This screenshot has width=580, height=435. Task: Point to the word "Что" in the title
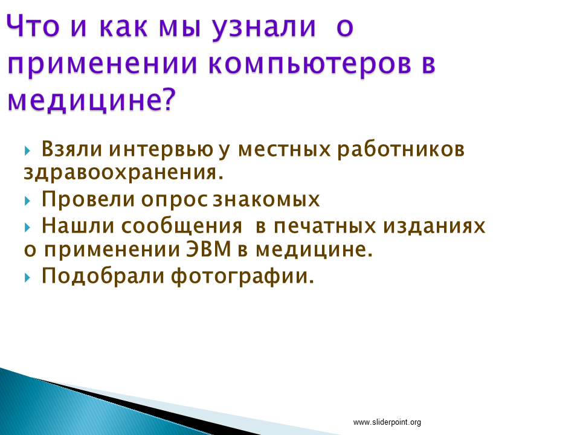click(x=33, y=26)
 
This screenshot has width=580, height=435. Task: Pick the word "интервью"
click(x=161, y=150)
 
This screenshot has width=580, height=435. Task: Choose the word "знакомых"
click(x=266, y=200)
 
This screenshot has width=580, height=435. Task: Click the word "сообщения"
click(x=182, y=227)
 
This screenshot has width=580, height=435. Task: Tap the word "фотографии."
click(x=242, y=276)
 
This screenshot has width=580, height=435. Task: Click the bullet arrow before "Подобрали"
click(x=27, y=277)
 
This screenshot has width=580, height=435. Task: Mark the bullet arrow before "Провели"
click(x=27, y=201)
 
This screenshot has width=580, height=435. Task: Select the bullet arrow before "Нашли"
click(x=27, y=227)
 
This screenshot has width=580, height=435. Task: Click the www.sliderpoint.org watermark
click(x=387, y=422)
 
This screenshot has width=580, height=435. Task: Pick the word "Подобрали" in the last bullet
click(x=103, y=275)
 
